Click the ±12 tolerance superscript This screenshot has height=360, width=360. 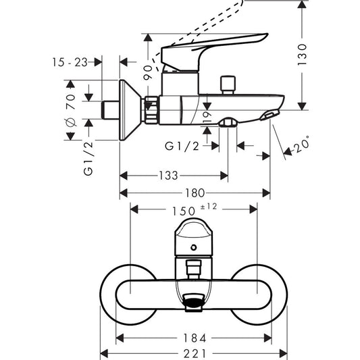tap(210, 206)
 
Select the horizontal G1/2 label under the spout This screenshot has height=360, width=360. tap(182, 145)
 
